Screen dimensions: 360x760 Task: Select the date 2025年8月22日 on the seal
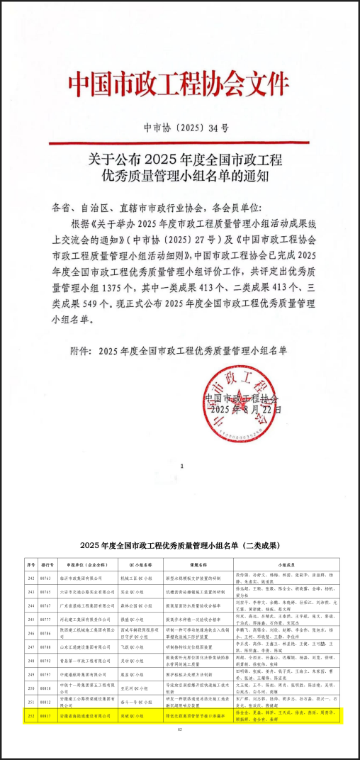coord(241,410)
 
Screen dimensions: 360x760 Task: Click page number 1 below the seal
coord(182,466)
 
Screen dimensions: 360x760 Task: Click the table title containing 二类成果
coord(179,545)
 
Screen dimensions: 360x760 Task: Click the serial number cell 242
coord(30,578)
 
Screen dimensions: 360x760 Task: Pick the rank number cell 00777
coord(45,619)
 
